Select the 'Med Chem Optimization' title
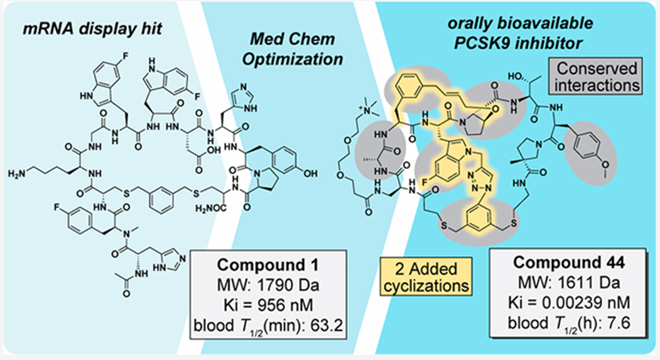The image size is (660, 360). (293, 49)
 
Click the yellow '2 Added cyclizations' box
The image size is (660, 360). (426, 276)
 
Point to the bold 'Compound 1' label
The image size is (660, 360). (268, 265)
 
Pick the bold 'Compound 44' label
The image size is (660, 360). (569, 263)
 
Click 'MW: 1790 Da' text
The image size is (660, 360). (268, 285)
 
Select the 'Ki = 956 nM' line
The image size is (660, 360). (268, 305)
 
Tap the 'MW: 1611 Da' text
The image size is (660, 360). (569, 283)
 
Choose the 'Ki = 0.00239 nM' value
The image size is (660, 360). (569, 302)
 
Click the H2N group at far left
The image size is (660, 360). (18, 174)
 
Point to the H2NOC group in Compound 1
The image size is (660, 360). (210, 209)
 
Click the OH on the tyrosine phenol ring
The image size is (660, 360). (310, 173)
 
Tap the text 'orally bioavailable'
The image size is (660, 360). (520, 23)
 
